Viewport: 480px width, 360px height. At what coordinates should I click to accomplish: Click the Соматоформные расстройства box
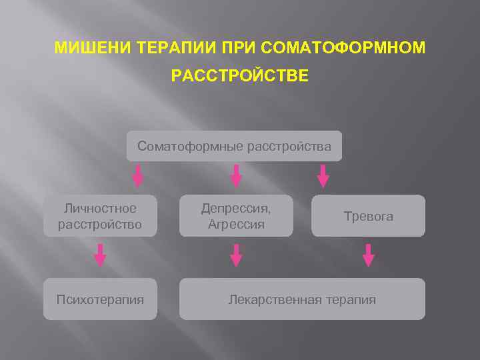pos(234,146)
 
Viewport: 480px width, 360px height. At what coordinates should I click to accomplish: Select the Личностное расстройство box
pos(100,216)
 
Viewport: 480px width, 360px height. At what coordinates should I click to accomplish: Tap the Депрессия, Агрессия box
pos(236,216)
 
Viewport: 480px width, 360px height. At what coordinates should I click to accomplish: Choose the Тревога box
pos(368,216)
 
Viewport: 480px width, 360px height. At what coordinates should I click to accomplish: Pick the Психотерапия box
pos(100,299)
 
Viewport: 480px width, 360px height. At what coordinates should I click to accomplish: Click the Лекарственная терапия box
pos(302,299)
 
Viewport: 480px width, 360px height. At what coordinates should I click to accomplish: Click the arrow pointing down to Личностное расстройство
pos(138,177)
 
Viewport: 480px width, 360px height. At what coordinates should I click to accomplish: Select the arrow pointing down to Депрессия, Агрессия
pos(236,177)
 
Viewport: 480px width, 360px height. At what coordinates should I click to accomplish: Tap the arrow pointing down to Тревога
pos(323,177)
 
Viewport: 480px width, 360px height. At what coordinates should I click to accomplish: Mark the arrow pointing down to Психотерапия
pos(100,255)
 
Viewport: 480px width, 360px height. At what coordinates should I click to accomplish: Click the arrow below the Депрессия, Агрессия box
pos(236,255)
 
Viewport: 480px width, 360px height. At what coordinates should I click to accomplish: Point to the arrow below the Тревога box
pos(368,255)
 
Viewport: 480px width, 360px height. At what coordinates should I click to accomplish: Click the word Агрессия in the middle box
pos(236,225)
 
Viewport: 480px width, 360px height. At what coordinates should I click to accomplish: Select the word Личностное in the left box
pos(100,208)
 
